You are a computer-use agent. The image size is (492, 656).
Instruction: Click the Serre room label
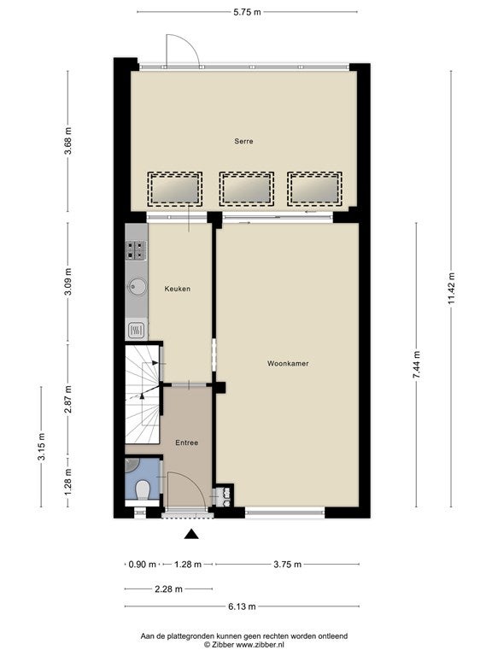[x=243, y=142]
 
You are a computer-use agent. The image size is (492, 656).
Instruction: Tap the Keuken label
[x=178, y=289]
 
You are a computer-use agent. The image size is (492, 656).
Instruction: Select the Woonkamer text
[x=288, y=364]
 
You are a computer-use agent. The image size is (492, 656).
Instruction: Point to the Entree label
[x=186, y=442]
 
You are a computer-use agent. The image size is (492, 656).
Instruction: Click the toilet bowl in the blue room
[x=143, y=489]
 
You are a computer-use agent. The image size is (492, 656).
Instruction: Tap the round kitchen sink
[x=138, y=287]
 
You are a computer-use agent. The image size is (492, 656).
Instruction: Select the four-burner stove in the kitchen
[x=136, y=250]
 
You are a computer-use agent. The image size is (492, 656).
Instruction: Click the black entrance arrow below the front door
[x=191, y=533]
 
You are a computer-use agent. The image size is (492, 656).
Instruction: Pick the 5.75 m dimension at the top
[x=247, y=12]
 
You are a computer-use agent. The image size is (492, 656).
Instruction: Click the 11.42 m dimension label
[x=451, y=289]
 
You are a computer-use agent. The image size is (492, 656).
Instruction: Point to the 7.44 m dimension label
[x=417, y=365]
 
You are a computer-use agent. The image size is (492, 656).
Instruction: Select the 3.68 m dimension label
[x=67, y=141]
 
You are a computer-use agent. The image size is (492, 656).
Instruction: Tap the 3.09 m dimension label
[x=67, y=281]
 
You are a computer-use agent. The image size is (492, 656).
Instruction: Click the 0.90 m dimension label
[x=143, y=565]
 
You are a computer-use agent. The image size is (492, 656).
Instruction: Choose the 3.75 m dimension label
[x=287, y=565]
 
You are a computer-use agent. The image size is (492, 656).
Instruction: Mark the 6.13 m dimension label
[x=242, y=606]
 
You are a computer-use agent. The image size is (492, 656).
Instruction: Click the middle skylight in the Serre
[x=247, y=189]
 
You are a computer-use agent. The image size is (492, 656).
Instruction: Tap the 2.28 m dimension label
[x=168, y=589]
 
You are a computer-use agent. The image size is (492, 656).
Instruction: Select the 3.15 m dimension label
[x=41, y=447]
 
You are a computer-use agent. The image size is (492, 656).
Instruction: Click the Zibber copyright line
[x=244, y=645]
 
